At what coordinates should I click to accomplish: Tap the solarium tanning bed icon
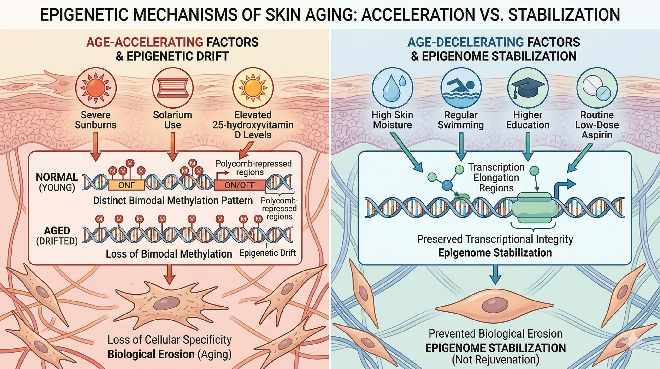(172, 88)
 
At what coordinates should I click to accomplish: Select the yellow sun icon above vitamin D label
(253, 88)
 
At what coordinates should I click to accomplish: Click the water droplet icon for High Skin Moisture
(392, 88)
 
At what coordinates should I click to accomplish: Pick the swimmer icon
(461, 88)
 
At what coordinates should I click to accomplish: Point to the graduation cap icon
(528, 88)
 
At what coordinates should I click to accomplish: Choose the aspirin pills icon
(597, 88)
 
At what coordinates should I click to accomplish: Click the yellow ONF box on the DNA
(127, 185)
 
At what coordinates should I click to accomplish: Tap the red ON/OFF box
(240, 185)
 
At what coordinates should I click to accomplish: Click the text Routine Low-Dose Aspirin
(597, 125)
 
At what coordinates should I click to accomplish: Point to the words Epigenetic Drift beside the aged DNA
(267, 253)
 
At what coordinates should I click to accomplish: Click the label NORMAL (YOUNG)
(57, 182)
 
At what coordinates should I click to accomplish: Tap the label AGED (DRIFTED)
(57, 236)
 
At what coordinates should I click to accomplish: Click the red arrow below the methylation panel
(169, 275)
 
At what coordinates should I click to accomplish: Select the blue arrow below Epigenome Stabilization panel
(495, 275)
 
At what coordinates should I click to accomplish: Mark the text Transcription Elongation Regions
(496, 178)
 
